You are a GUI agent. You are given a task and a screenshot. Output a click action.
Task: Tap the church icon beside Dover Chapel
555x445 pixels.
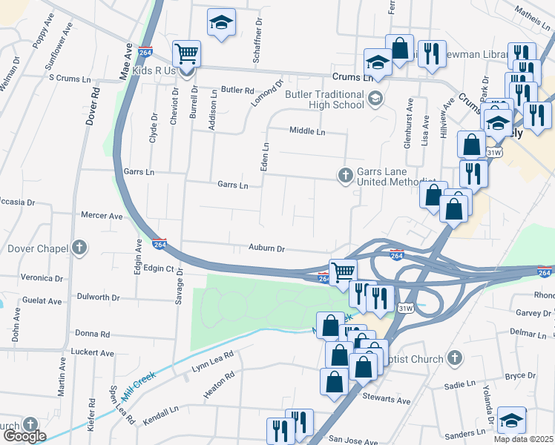pos(79,248)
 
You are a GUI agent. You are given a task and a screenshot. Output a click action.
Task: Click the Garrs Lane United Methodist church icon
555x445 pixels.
pos(345,175)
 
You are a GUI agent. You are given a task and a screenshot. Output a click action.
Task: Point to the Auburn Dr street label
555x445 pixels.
pos(266,250)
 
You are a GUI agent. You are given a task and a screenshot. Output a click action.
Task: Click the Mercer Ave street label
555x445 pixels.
pos(102,216)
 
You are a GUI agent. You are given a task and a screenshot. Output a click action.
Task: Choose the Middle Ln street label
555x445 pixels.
pos(307,131)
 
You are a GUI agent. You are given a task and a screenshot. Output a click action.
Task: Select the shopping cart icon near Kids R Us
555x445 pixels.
pos(186,53)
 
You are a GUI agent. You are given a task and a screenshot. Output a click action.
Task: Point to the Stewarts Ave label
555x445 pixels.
pos(387,400)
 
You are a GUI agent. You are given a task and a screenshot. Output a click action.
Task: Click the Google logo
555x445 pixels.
pos(24,436)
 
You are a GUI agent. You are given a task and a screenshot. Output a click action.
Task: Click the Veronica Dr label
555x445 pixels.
pos(42,278)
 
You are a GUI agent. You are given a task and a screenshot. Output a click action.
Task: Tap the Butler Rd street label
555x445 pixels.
pos(237,90)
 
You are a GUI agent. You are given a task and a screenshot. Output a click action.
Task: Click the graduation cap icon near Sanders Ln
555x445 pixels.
pos(511,420)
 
